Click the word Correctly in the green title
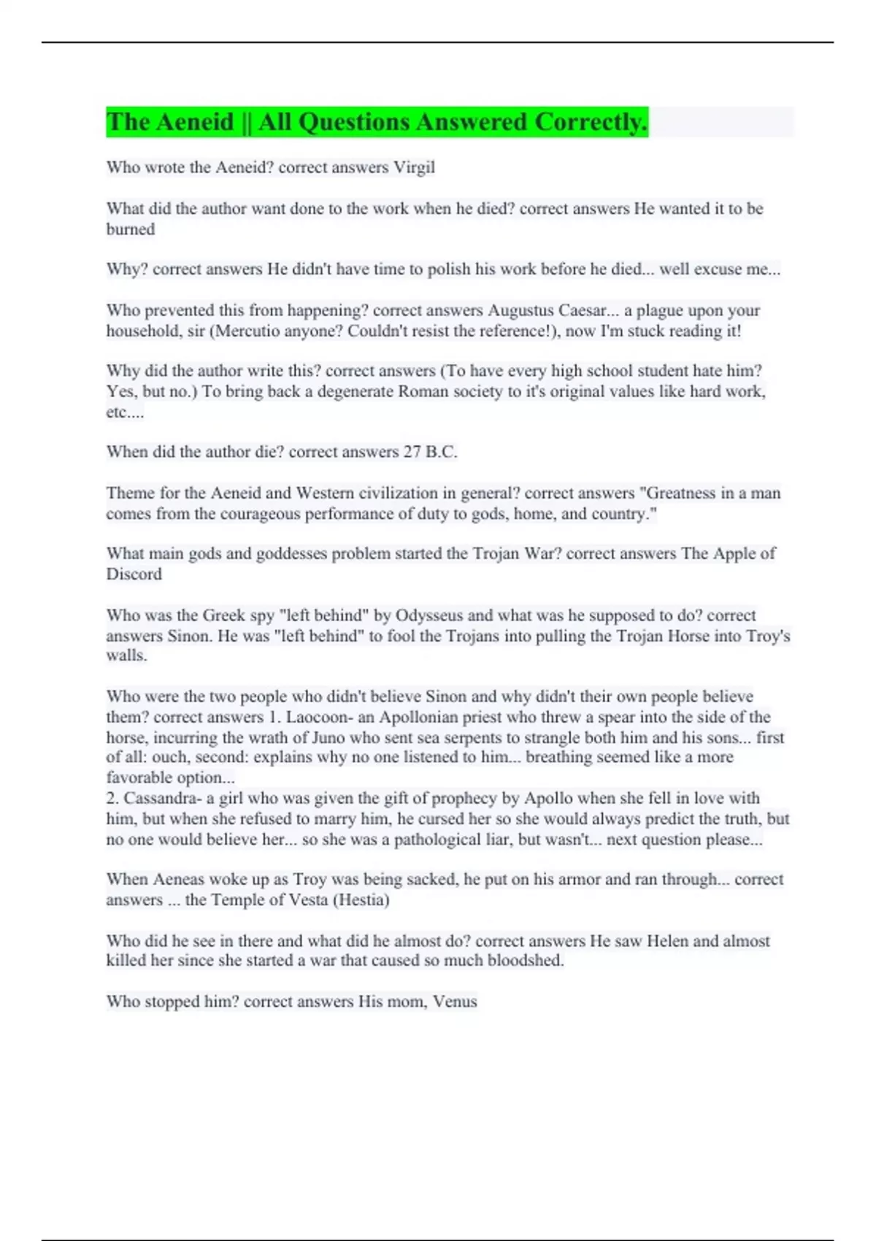[x=590, y=122]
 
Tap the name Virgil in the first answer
[x=414, y=167]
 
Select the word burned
[x=131, y=229]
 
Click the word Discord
[x=134, y=574]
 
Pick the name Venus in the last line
[x=455, y=1002]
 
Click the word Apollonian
[x=420, y=717]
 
